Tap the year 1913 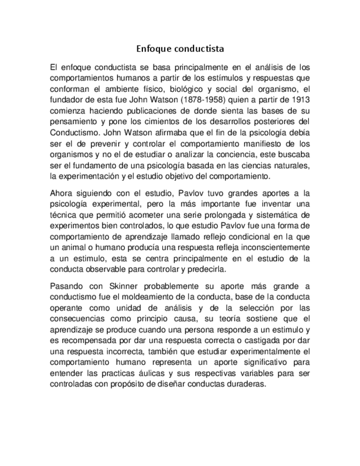point(300,99)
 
